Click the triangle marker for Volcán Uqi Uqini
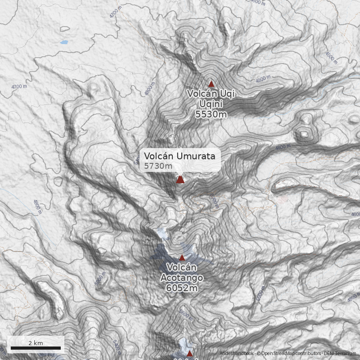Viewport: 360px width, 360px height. click(x=211, y=84)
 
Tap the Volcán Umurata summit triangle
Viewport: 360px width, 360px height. click(x=180, y=180)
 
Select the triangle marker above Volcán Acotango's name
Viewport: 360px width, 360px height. click(x=182, y=258)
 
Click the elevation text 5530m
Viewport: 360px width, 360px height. click(x=211, y=114)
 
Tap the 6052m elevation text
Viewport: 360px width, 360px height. click(x=182, y=288)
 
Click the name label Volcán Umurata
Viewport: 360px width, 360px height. click(x=180, y=156)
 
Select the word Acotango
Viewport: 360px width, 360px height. click(x=182, y=278)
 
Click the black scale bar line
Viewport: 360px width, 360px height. click(x=36, y=348)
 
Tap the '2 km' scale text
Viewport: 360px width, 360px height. click(x=36, y=343)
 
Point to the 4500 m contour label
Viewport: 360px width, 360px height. click(x=331, y=58)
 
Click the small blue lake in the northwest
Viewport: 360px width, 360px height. click(x=64, y=43)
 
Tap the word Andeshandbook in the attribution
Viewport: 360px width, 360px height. click(x=237, y=354)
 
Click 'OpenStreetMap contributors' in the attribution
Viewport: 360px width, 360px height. click(x=291, y=354)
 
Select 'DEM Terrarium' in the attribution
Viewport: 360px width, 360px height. click(x=340, y=354)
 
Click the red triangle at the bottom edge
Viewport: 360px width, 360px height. click(x=189, y=354)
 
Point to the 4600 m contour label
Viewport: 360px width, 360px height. click(x=259, y=2)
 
